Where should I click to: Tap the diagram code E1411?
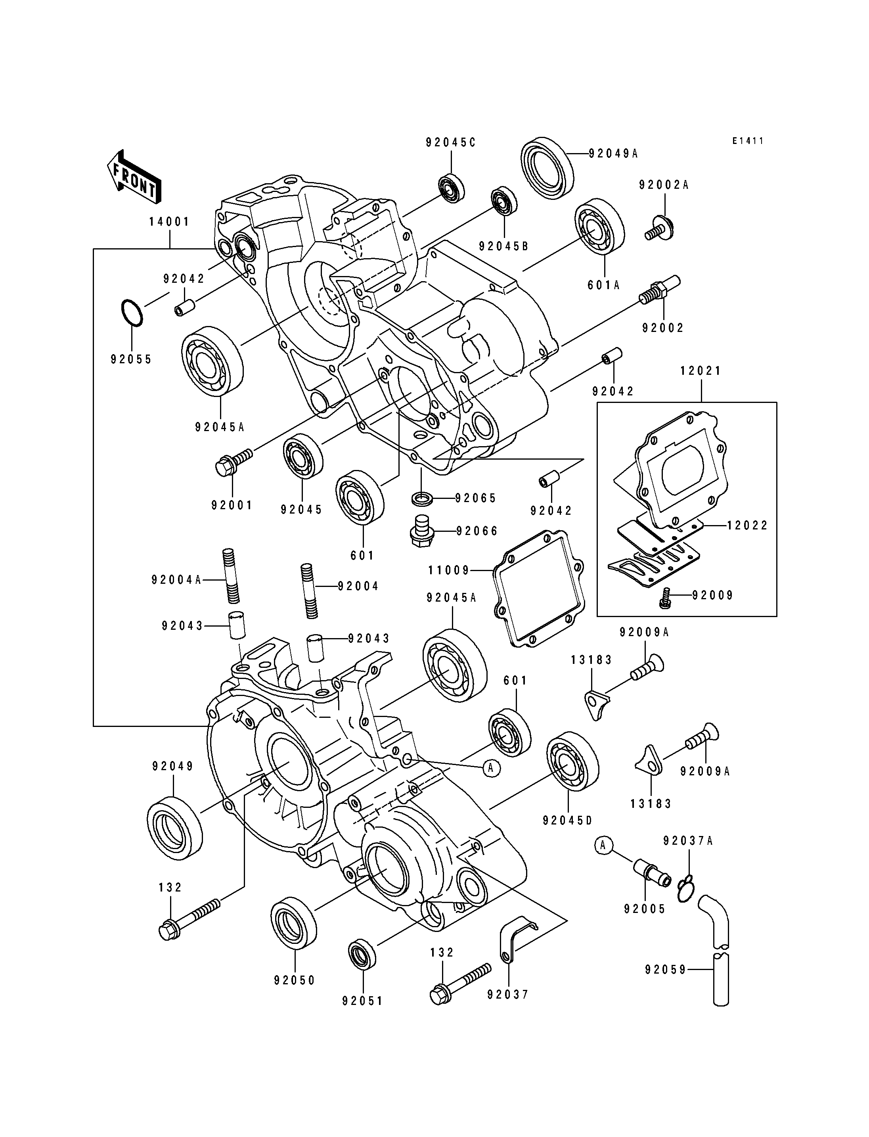747,141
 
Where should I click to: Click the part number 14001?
169,222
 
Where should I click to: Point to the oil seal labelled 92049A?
547,167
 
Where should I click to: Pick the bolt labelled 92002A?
660,228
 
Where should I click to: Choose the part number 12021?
701,371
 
